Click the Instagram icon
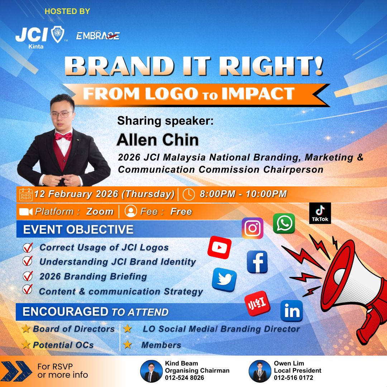(x=253, y=228)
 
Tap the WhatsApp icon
(x=284, y=224)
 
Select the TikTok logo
(x=320, y=213)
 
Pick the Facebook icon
(x=257, y=262)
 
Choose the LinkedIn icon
(x=292, y=311)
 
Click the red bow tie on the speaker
(x=63, y=136)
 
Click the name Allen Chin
(x=157, y=139)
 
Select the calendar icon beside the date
(x=26, y=194)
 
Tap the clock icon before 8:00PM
(x=189, y=194)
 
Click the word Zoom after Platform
(x=100, y=211)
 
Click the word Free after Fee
(x=181, y=211)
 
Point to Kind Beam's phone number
(x=185, y=378)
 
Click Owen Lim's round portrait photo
(x=260, y=371)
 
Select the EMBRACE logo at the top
(x=98, y=36)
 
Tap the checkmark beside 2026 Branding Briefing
(x=28, y=276)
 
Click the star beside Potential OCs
(x=26, y=345)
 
